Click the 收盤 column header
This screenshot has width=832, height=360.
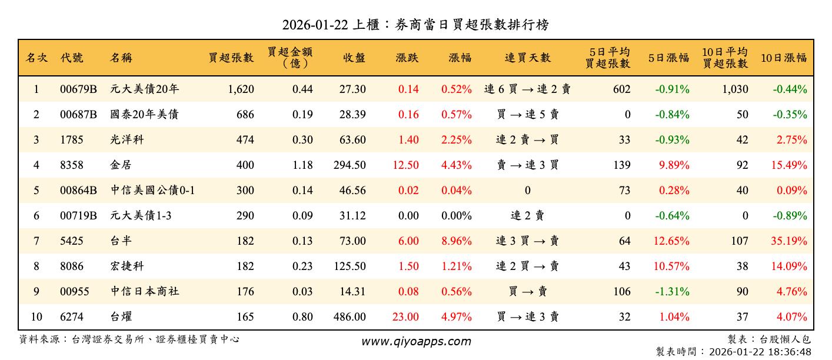click(353, 58)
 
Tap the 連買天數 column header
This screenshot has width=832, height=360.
click(527, 58)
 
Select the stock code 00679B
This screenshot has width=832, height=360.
click(78, 89)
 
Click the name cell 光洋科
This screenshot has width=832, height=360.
click(127, 140)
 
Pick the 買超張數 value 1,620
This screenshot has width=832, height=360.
click(240, 89)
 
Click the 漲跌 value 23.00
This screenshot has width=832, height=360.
click(405, 317)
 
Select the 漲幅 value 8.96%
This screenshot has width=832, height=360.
click(457, 241)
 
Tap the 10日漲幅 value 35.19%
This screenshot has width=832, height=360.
click(789, 241)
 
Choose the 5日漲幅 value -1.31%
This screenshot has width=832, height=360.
click(672, 292)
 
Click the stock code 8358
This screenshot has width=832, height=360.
click(72, 165)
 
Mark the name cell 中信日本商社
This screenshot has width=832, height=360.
click(145, 292)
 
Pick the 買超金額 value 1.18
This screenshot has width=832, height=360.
click(302, 165)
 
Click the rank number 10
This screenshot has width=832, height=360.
click(36, 317)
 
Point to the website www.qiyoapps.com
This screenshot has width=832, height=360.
click(415, 342)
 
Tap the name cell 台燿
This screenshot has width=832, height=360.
click(119, 317)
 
